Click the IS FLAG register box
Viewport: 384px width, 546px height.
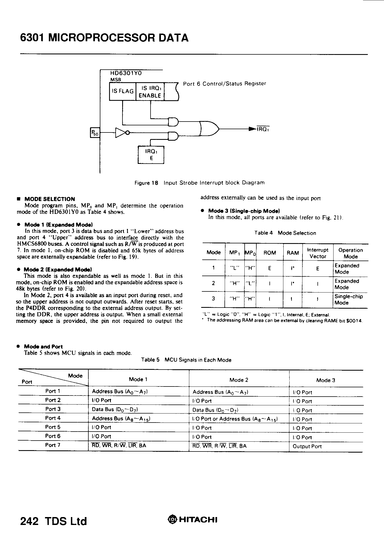[122, 91]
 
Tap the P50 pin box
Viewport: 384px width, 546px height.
[95, 133]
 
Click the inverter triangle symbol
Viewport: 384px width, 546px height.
[120, 132]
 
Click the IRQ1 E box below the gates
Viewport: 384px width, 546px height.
[151, 155]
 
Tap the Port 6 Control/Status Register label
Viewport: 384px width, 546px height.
[224, 84]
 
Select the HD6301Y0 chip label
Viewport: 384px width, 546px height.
[126, 73]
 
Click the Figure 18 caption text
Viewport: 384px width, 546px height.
[199, 183]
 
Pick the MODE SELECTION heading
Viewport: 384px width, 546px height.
[49, 199]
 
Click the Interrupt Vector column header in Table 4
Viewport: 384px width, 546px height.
[318, 253]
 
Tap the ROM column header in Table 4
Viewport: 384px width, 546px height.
[269, 253]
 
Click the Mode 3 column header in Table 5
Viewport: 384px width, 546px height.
[325, 380]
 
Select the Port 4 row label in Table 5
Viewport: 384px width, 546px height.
[53, 418]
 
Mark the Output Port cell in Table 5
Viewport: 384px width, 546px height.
[307, 446]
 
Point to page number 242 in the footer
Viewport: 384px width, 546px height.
[29, 521]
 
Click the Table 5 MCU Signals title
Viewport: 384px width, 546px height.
[186, 360]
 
